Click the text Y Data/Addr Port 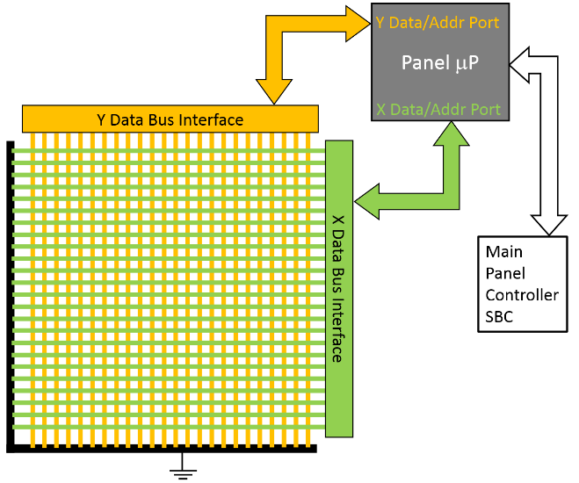pyautogui.click(x=438, y=23)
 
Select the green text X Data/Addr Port pyautogui.click(x=438, y=110)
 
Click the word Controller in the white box pyautogui.click(x=522, y=294)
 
